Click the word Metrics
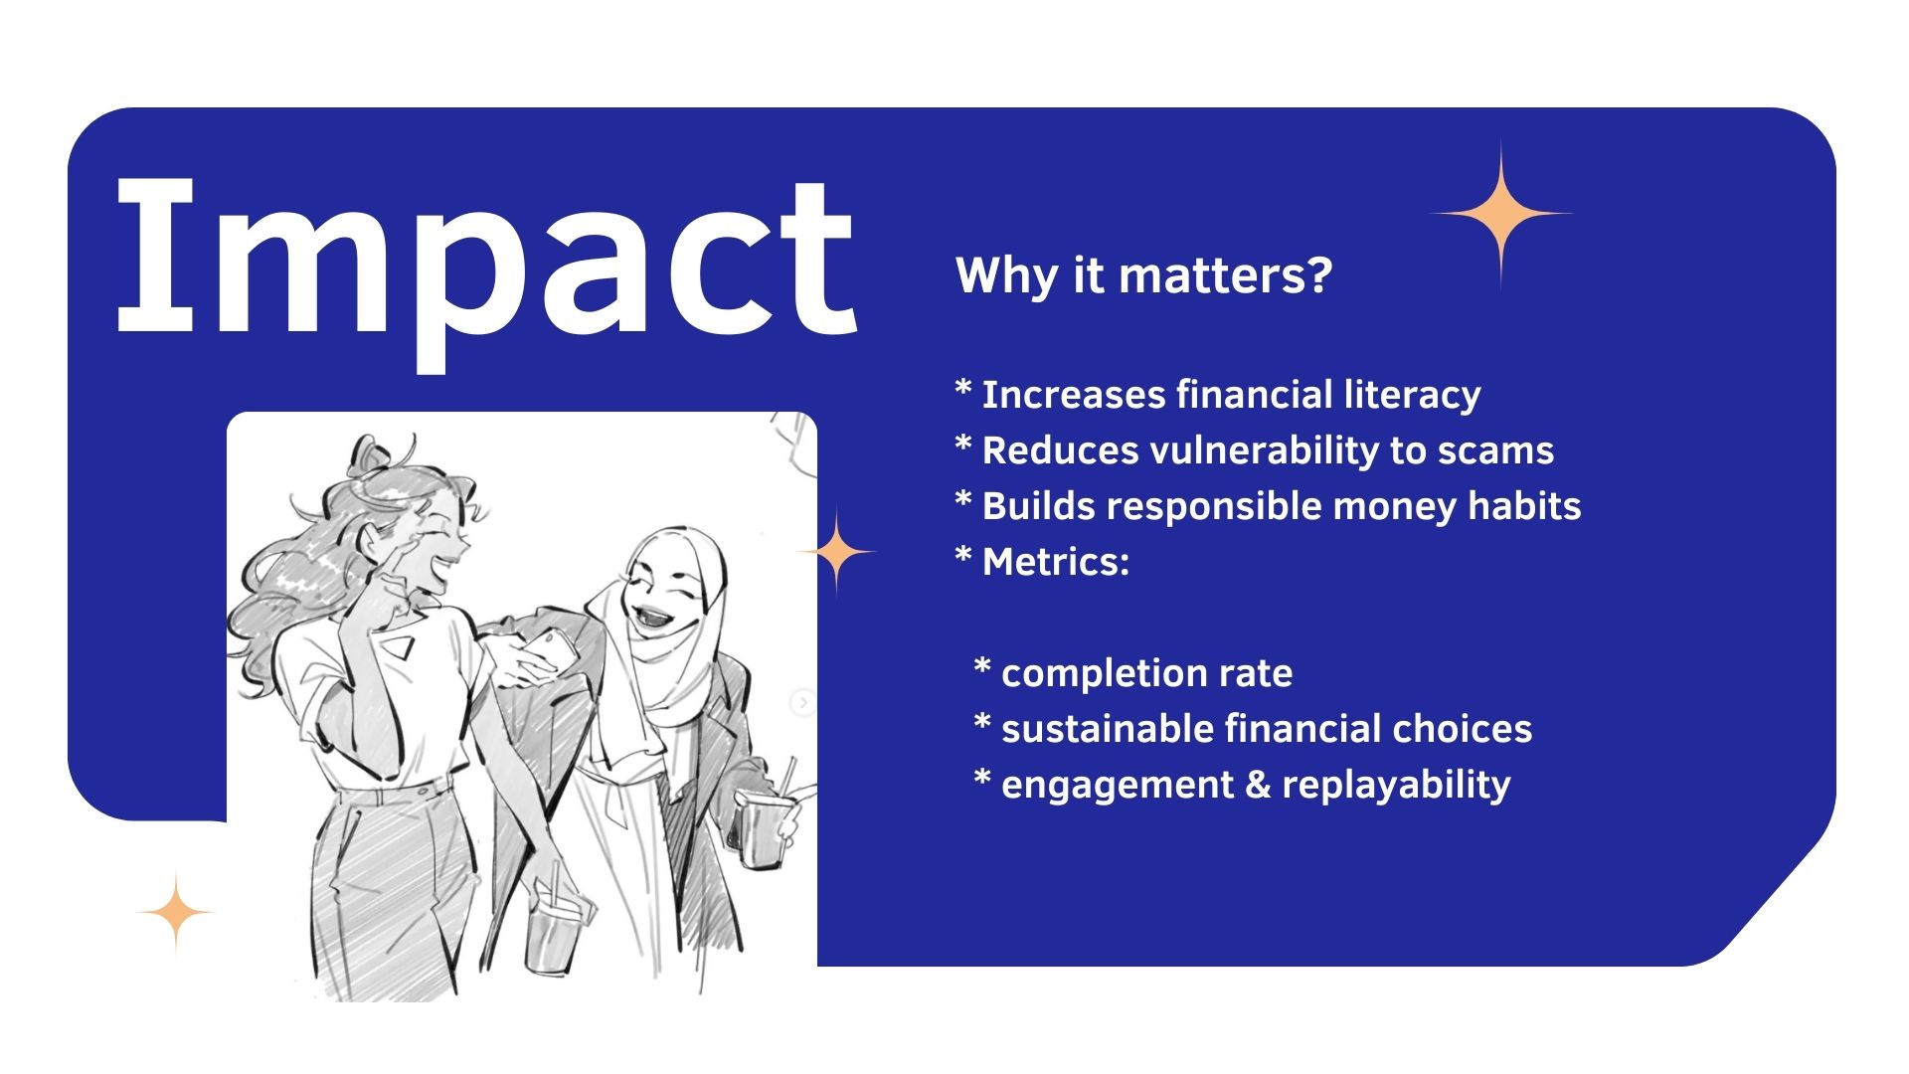(x=1056, y=562)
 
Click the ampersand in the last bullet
(x=1258, y=785)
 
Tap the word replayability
(x=1396, y=786)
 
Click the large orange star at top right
(x=1500, y=214)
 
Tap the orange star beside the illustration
(x=837, y=552)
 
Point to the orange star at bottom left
(x=176, y=913)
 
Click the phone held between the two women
(x=545, y=651)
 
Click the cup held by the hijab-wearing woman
(x=763, y=825)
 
